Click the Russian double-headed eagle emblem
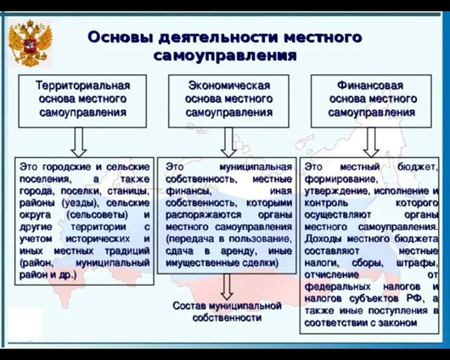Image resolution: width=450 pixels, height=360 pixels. point(30,43)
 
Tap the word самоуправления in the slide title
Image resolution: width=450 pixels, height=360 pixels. point(225,56)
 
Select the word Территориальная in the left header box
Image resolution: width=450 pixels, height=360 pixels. point(83,85)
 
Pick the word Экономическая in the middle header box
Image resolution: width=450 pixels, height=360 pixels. point(229,85)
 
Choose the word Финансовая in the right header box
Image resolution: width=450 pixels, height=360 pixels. point(370,85)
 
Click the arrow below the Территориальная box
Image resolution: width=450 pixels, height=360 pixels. point(78,142)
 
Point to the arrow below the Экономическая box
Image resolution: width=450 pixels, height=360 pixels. point(229,142)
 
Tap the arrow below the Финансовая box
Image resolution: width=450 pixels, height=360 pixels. point(371,142)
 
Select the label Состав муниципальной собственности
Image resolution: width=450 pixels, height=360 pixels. point(227,312)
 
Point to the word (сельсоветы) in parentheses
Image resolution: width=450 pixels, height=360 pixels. point(98,215)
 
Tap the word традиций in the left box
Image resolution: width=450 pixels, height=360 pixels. point(127,251)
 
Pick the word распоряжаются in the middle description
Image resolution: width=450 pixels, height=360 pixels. point(204,215)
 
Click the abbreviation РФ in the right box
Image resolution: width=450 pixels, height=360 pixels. point(415,298)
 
